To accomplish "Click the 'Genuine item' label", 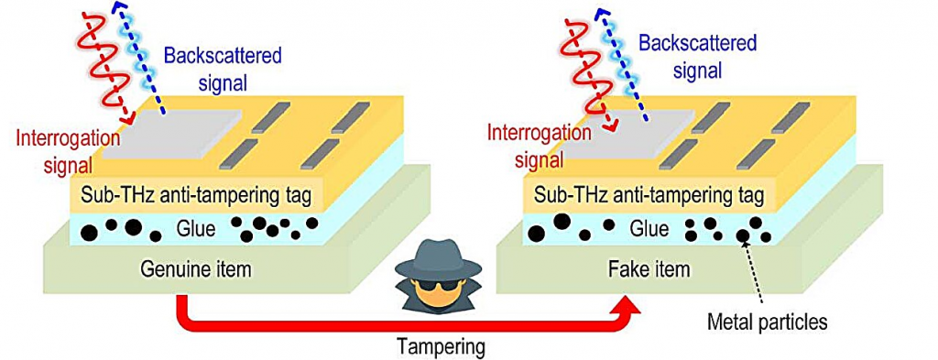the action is [x=195, y=270].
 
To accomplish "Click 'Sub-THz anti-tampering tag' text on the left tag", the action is [x=196, y=196].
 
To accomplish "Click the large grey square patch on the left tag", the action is [x=172, y=135].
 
